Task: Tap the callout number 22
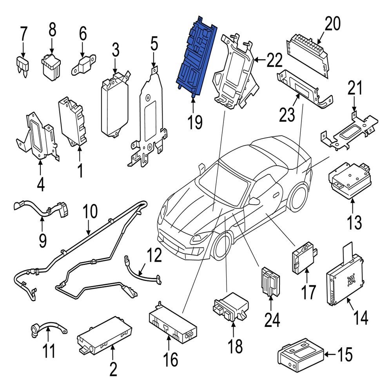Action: [274, 60]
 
